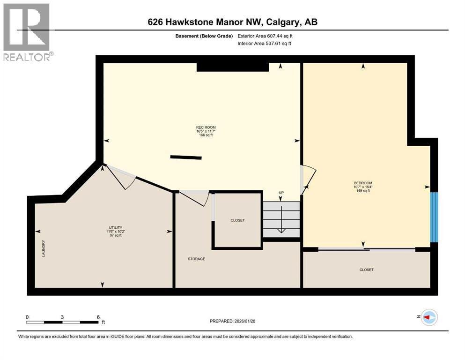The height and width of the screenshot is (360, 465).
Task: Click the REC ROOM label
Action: point(206,127)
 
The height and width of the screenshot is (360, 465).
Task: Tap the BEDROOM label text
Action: point(363,183)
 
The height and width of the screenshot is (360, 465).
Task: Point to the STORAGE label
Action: point(196,259)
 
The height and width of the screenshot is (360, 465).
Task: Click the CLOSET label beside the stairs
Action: point(237,220)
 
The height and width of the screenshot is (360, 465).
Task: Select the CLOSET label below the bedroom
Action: point(366,270)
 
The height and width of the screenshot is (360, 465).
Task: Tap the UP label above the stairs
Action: point(281,193)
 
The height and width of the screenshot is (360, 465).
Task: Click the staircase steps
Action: point(280,219)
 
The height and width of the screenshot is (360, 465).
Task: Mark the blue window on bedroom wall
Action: point(434,217)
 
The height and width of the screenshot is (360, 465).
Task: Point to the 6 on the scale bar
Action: point(98,317)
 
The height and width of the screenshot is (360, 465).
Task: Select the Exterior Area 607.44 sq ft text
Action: point(267,36)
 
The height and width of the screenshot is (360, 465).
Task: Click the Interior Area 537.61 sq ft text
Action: point(265,44)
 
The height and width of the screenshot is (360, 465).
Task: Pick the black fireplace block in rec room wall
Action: point(232,67)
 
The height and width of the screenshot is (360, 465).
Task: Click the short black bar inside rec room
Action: point(186,157)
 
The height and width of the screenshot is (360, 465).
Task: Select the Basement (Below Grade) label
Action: point(206,36)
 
